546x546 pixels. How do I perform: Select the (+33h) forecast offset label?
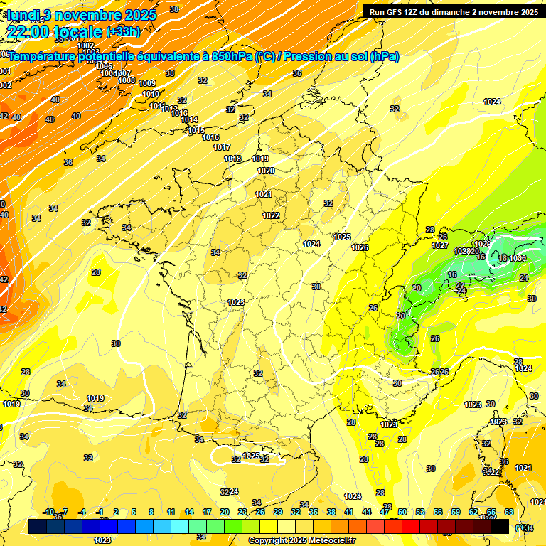tap(123, 31)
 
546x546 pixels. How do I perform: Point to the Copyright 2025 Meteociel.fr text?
tap(302, 540)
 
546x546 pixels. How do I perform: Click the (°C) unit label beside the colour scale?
tap(523, 527)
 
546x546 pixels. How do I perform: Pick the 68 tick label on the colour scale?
tap(509, 512)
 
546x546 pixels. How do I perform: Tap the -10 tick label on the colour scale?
tap(49, 512)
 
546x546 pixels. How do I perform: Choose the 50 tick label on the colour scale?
tap(402, 512)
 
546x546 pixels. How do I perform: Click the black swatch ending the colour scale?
tap(500, 526)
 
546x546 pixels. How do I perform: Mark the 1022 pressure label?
tap(271, 215)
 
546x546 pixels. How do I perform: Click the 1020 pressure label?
tap(266, 171)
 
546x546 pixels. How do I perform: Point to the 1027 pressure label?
tap(440, 245)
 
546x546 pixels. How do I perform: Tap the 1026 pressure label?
tap(360, 247)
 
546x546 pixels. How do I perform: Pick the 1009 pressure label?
tap(147, 84)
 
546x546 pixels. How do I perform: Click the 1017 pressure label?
tap(222, 147)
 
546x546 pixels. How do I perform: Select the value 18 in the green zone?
tap(503, 258)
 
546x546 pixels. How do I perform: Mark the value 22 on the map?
tap(460, 284)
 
